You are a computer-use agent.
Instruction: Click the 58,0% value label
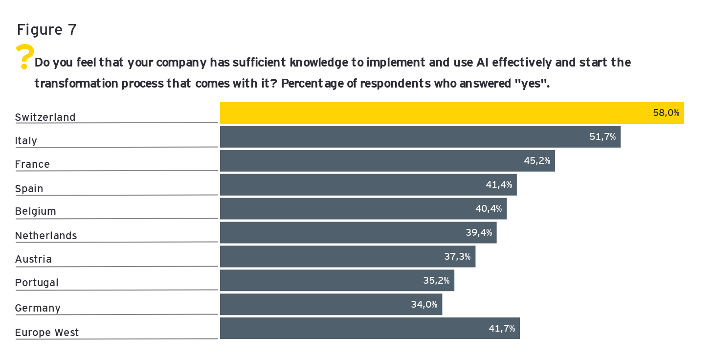pos(666,113)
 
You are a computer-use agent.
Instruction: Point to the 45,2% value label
pos(537,160)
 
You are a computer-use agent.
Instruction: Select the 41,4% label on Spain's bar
pos(499,185)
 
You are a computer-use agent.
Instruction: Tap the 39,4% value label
pos(479,233)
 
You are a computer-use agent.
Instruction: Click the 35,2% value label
pos(436,281)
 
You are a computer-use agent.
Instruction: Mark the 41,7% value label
pos(502,329)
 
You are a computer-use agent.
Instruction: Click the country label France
pos(32,164)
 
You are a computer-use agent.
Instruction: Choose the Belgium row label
pos(36,211)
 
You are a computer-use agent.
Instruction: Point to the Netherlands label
pos(46,236)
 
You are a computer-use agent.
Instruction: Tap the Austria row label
pos(33,259)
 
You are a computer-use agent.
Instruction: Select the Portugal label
pos(37,283)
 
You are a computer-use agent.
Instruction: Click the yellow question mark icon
pos(24,56)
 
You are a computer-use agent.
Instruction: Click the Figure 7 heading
pos(47,30)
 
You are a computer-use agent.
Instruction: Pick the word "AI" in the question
pos(482,63)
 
